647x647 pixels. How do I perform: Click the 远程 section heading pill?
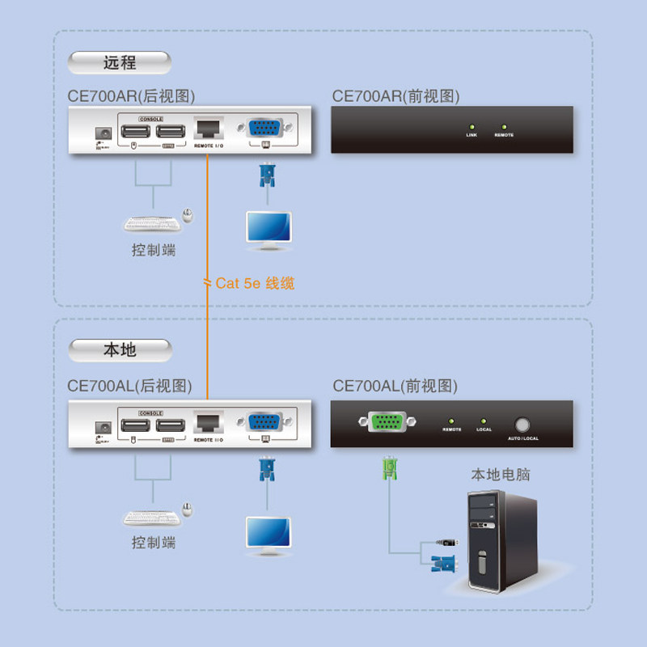[120, 62]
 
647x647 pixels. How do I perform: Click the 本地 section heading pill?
[120, 350]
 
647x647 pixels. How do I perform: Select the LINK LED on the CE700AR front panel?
[472, 127]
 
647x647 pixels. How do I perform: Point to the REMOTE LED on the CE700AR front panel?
[504, 127]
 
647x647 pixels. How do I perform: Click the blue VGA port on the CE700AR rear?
[264, 128]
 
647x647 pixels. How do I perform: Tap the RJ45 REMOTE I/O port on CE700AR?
[208, 129]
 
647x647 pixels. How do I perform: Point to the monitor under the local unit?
[269, 535]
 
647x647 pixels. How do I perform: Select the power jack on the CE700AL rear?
[103, 426]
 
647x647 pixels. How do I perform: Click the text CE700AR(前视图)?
[395, 96]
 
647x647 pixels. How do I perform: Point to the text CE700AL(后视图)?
[130, 386]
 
